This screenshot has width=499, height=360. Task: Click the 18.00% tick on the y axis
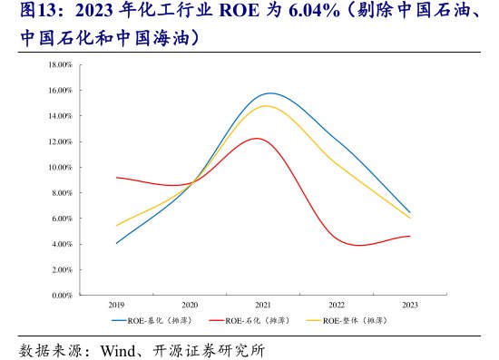[x=60, y=65]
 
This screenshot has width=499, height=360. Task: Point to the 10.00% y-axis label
[x=60, y=168]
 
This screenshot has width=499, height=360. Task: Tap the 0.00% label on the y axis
[x=62, y=296]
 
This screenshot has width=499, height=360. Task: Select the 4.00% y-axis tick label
[x=62, y=245]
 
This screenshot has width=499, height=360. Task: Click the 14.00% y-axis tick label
[x=60, y=116]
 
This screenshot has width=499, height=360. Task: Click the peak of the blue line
[x=270, y=93]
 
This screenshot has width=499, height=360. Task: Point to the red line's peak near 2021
[x=257, y=138]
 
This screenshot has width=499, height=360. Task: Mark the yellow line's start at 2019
[x=117, y=226]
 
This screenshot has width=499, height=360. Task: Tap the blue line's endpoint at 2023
[x=410, y=212]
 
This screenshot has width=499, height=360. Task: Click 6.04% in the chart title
[x=285, y=13]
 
